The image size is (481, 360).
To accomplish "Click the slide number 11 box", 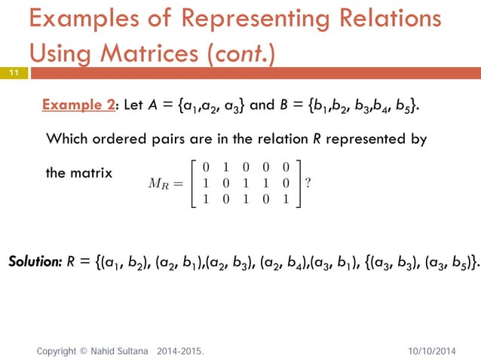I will pos(14,73).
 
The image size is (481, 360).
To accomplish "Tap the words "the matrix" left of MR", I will pos(79,172).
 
